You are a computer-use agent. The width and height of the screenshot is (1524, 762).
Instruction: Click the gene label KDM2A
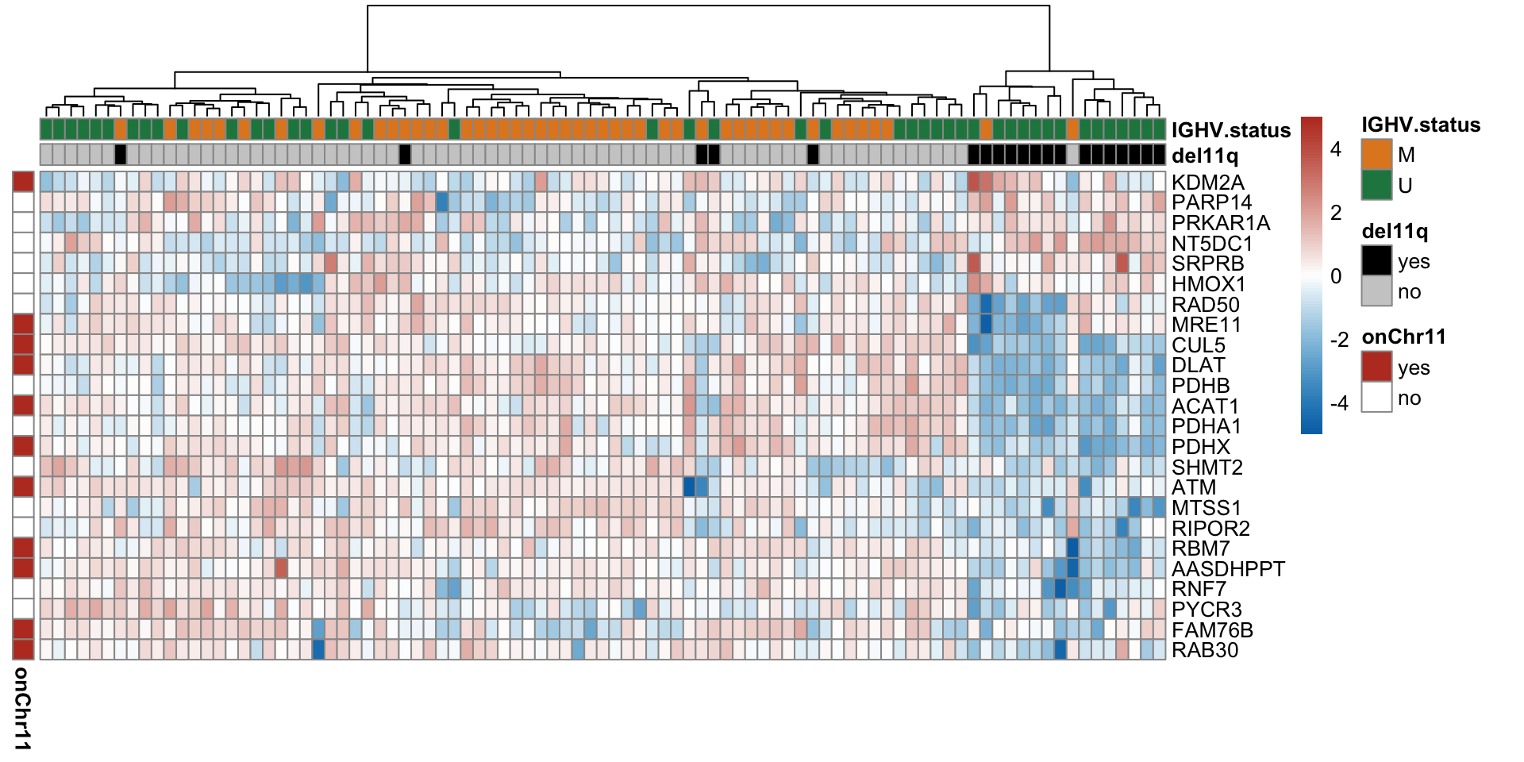(1207, 183)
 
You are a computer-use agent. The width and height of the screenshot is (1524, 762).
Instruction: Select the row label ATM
(1193, 487)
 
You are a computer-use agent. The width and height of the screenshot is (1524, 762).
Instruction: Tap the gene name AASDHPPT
(1228, 569)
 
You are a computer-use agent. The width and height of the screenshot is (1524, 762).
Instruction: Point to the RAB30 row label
(1205, 650)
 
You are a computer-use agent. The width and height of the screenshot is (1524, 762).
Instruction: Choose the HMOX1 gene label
(1208, 284)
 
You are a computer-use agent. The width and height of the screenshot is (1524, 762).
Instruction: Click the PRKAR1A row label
(1221, 223)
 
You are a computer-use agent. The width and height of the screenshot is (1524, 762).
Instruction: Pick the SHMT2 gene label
(1206, 468)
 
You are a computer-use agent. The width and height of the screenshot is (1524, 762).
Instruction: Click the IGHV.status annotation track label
(1230, 131)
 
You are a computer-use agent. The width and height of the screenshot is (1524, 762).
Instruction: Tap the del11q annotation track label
(1204, 156)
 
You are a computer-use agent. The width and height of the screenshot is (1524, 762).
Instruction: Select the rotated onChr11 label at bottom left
(22, 708)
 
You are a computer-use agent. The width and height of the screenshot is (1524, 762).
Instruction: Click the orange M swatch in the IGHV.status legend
(1376, 155)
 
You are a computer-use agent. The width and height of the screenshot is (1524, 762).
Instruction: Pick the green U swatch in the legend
(1376, 185)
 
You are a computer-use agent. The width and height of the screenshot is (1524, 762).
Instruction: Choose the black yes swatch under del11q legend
(1376, 261)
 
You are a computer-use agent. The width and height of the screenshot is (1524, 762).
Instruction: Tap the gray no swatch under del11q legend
(1376, 291)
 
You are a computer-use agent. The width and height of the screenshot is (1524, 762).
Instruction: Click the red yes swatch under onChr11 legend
(1376, 368)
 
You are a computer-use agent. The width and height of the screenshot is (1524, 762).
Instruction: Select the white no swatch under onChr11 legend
(1376, 398)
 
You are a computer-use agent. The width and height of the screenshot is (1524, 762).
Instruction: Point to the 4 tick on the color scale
(1336, 149)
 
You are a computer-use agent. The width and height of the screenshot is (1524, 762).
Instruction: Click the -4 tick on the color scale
(1338, 403)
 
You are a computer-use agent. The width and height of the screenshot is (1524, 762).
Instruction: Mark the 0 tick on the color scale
(1336, 276)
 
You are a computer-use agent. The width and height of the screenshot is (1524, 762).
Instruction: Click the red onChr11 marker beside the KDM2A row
(23, 182)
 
